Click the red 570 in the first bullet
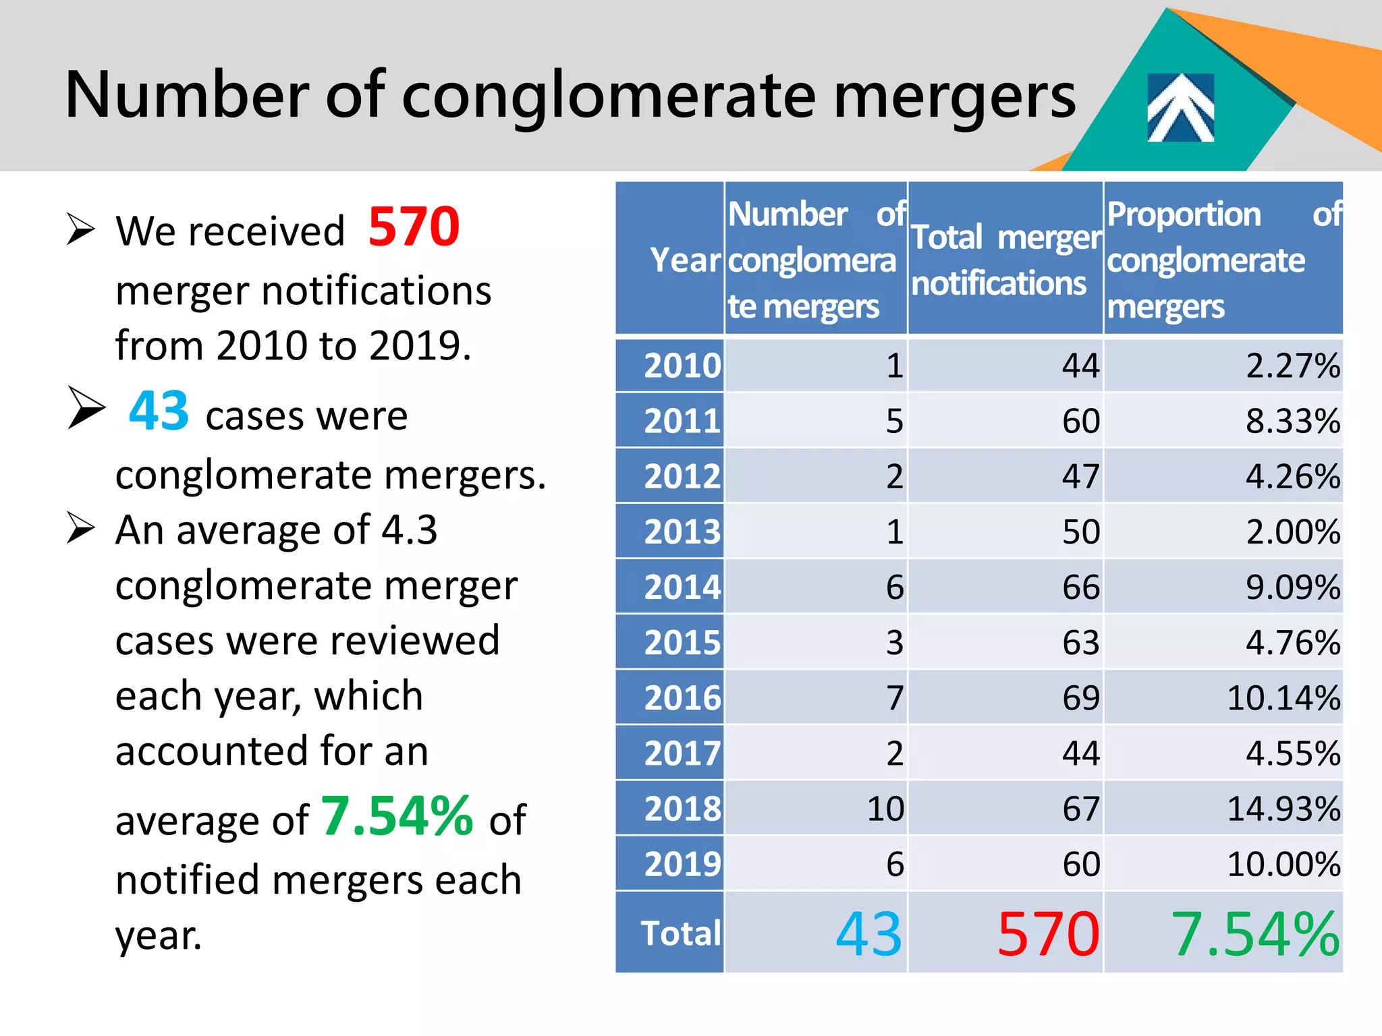pyautogui.click(x=414, y=227)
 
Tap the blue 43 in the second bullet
pyautogui.click(x=159, y=411)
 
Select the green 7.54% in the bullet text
pyautogui.click(x=397, y=816)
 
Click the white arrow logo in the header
pyautogui.click(x=1180, y=108)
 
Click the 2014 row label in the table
pyautogui.click(x=682, y=587)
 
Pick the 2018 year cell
pyautogui.click(x=682, y=808)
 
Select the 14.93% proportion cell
pyautogui.click(x=1282, y=808)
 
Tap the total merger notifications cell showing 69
pyautogui.click(x=1080, y=697)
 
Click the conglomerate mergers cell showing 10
pyautogui.click(x=885, y=808)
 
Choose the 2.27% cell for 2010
pyautogui.click(x=1292, y=366)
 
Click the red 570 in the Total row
pyautogui.click(x=1048, y=934)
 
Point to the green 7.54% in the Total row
pyautogui.click(x=1254, y=934)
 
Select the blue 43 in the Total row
pyautogui.click(x=868, y=934)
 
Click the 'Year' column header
pyautogui.click(x=684, y=260)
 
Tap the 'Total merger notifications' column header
pyautogui.click(x=1005, y=260)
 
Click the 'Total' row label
pyautogui.click(x=680, y=933)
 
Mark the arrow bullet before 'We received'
pyautogui.click(x=80, y=229)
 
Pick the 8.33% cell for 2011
pyautogui.click(x=1292, y=421)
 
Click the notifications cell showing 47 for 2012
pyautogui.click(x=1080, y=476)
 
